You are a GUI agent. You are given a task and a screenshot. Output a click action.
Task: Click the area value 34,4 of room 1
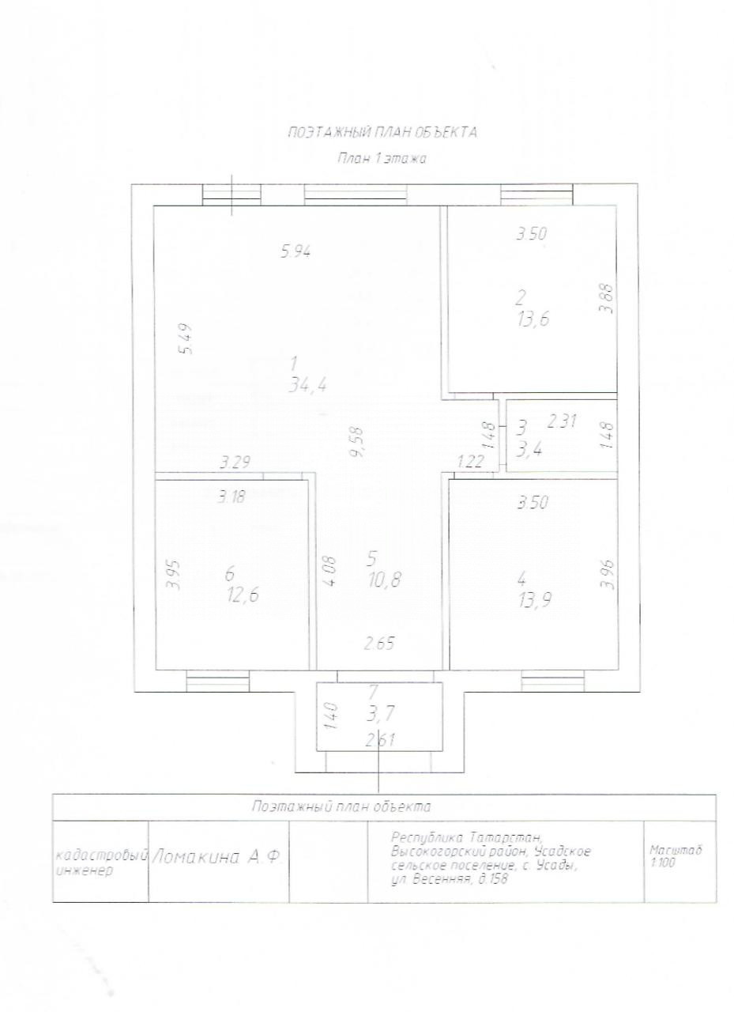coord(307,385)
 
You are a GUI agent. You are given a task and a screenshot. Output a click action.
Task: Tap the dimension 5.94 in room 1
coord(295,251)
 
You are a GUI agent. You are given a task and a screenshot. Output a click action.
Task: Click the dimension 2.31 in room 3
coord(562,421)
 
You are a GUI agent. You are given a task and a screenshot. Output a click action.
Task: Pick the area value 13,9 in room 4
coord(534,600)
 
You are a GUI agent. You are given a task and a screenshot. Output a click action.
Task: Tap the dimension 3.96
coord(607,574)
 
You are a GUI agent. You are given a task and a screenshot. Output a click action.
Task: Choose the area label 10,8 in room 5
coord(384,580)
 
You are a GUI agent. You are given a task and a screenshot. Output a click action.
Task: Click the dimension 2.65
coord(378,643)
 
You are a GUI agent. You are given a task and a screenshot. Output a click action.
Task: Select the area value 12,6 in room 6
coord(244,595)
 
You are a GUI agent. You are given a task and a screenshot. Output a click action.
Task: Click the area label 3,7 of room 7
coord(382,714)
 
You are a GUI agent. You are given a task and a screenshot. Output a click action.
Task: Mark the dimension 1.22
coord(470,461)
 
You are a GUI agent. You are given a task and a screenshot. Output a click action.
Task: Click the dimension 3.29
coord(235,463)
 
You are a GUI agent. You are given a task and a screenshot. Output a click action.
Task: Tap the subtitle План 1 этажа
coord(382,159)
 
